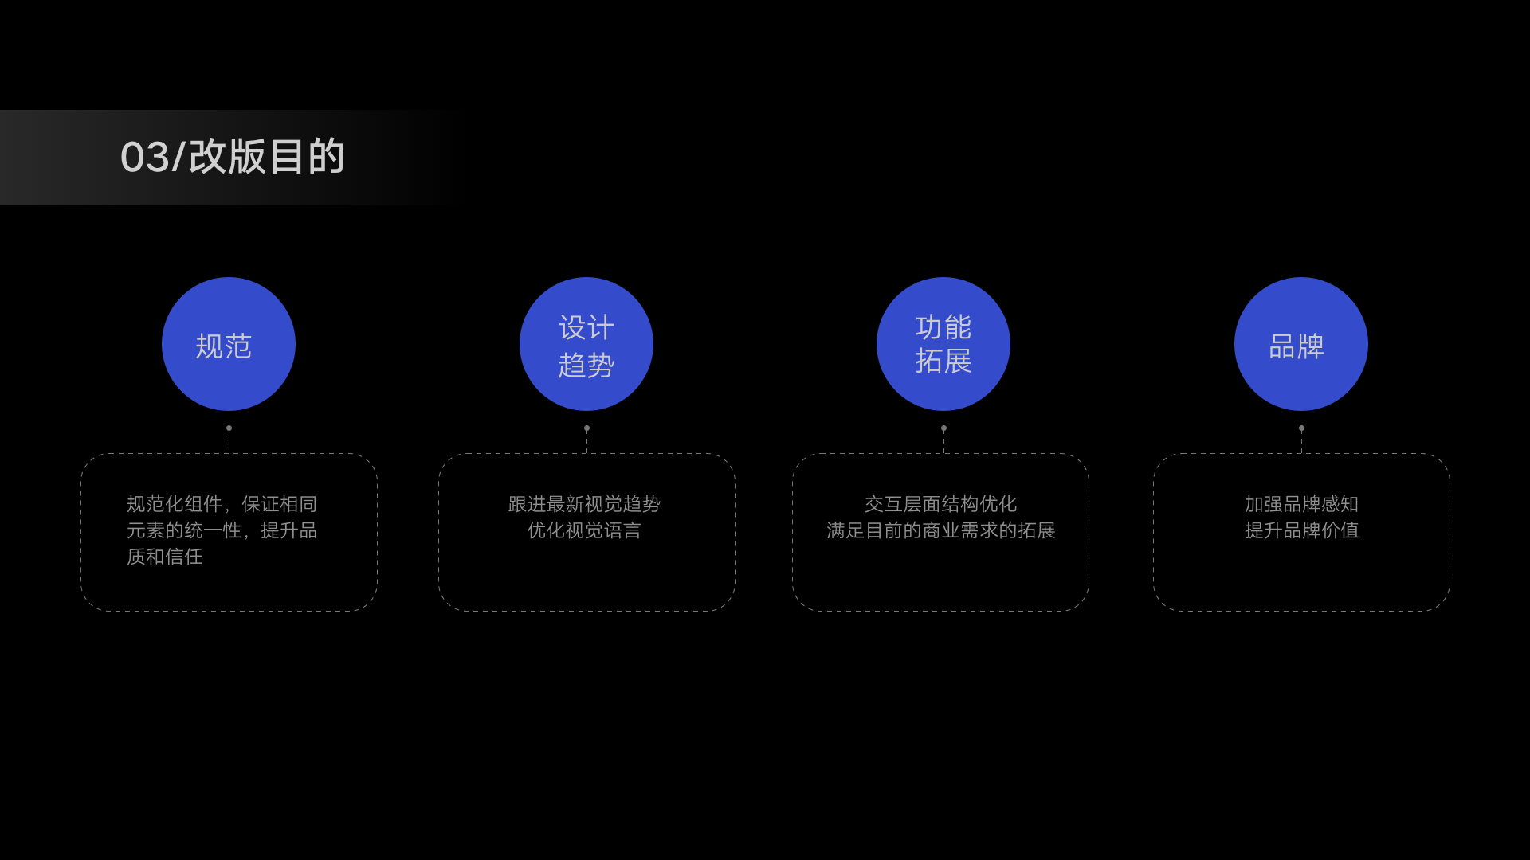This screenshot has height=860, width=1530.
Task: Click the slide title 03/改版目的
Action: (232, 157)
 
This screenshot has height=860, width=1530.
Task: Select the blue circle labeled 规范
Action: (229, 344)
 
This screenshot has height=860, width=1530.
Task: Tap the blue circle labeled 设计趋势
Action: (586, 344)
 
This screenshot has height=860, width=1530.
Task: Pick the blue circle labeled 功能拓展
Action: (943, 344)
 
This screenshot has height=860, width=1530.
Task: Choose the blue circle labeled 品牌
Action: (1301, 344)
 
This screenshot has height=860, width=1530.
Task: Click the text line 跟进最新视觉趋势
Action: (584, 504)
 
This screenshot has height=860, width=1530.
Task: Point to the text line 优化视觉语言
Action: (584, 530)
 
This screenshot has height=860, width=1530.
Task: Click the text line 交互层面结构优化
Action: (940, 504)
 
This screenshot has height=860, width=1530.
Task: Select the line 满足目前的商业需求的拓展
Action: (940, 530)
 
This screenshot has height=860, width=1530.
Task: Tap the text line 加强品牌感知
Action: (1301, 504)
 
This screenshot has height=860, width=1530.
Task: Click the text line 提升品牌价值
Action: (1301, 530)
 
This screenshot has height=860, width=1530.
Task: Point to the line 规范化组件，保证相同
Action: (222, 504)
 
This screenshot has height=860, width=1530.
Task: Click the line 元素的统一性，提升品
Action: (222, 530)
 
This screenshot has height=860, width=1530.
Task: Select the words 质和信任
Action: (165, 557)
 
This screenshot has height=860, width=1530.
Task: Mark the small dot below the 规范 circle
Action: (229, 428)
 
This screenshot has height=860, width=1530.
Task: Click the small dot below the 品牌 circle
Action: (1301, 428)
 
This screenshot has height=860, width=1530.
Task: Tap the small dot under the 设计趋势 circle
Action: (586, 428)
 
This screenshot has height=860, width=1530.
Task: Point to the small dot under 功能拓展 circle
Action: (943, 428)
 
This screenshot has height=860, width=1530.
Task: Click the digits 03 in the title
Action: (145, 157)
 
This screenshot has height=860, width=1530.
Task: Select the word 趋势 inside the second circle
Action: (586, 365)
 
